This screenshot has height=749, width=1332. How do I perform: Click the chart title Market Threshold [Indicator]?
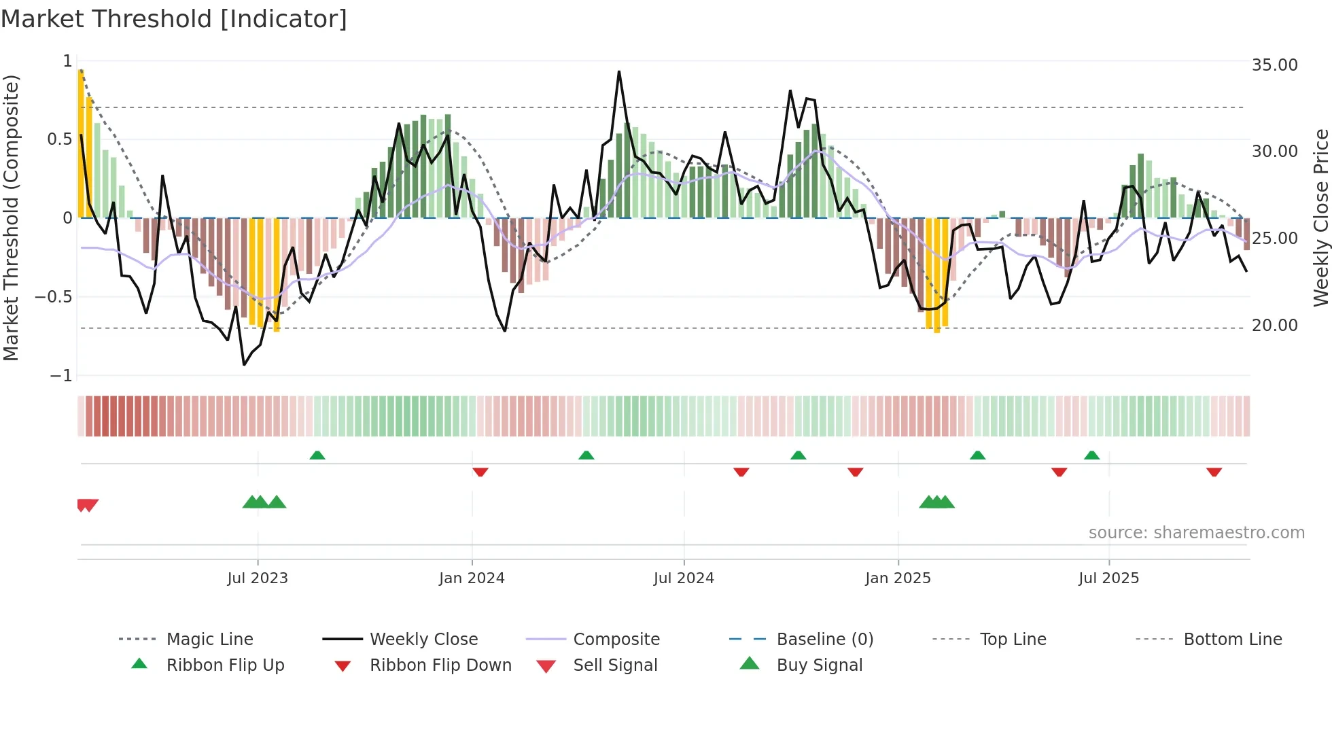[174, 19]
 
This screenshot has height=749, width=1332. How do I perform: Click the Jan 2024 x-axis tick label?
[472, 578]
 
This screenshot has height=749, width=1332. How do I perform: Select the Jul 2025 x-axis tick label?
[1108, 578]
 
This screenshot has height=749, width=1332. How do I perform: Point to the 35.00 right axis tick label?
[1274, 65]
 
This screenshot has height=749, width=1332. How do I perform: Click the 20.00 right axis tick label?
[1274, 326]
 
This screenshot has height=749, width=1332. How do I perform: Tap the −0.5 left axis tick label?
[53, 297]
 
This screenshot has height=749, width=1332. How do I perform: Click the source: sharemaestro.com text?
[1196, 533]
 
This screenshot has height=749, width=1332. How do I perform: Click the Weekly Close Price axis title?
[1320, 217]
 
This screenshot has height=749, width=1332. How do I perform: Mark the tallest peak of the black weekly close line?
[619, 71]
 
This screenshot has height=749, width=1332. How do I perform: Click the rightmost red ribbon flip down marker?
[1214, 472]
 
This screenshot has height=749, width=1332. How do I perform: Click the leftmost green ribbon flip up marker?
[317, 455]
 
